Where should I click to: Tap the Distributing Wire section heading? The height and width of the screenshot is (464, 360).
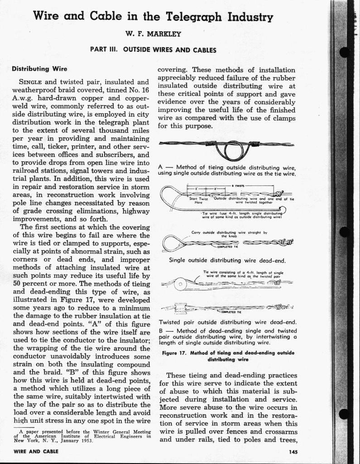point(39,69)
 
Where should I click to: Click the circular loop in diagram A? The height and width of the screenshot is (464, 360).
point(234,149)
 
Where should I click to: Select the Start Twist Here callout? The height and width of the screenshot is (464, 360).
point(198,200)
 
